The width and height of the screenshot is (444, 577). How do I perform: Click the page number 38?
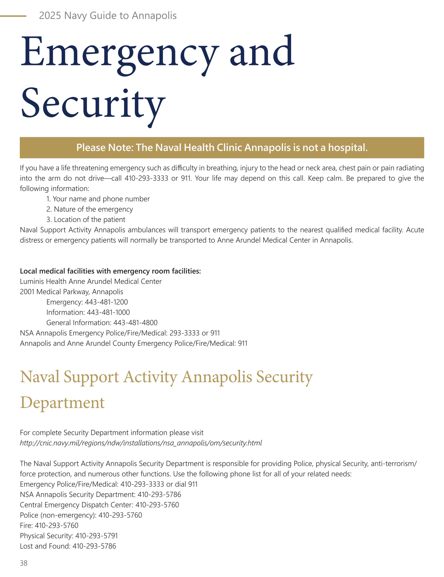tap(24, 563)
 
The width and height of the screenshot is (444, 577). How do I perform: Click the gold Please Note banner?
tap(222, 147)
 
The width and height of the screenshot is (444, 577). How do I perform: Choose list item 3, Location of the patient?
tap(86, 219)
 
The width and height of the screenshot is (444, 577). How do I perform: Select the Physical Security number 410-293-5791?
tap(96, 536)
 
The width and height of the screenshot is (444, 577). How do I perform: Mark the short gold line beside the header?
tap(13, 16)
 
